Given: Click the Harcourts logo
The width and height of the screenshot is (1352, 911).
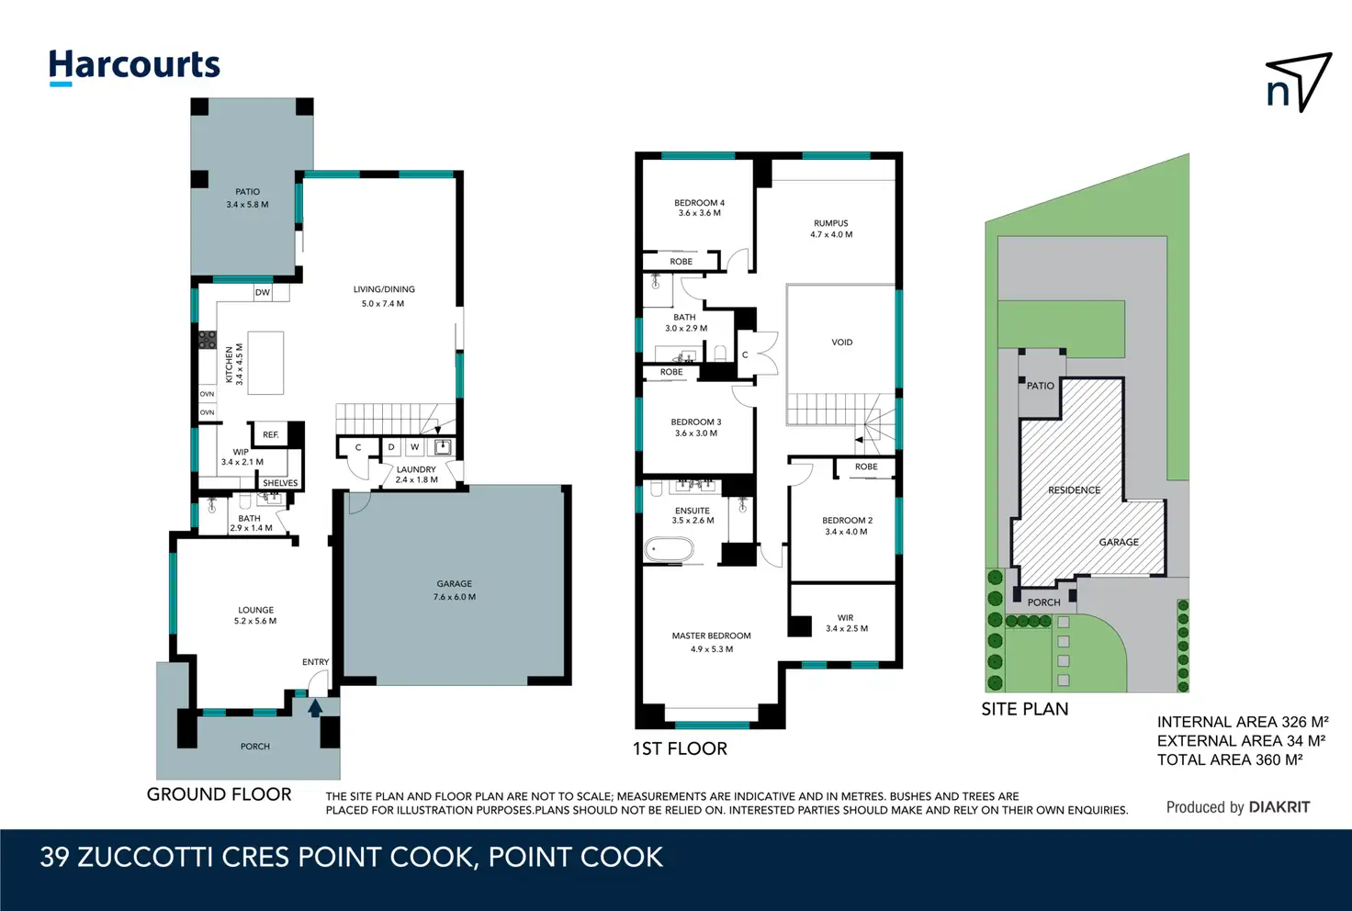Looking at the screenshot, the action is pyautogui.click(x=134, y=67).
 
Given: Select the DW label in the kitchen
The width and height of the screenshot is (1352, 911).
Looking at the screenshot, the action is pyautogui.click(x=263, y=293).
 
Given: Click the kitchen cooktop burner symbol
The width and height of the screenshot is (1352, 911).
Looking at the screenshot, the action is pyautogui.click(x=207, y=340).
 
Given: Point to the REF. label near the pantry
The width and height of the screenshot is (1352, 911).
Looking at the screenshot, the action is pyautogui.click(x=270, y=434).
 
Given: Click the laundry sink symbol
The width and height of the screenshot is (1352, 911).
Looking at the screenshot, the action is pyautogui.click(x=443, y=447).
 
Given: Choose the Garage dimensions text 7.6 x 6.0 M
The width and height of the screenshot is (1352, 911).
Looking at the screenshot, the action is pyautogui.click(x=455, y=597).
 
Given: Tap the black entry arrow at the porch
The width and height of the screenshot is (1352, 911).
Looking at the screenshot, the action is pyautogui.click(x=315, y=708).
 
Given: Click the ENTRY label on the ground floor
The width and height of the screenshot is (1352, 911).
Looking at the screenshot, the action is pyautogui.click(x=316, y=662).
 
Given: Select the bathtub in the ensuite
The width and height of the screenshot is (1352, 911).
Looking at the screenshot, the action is pyautogui.click(x=669, y=550).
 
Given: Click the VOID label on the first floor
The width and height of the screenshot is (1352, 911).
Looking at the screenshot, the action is pyautogui.click(x=842, y=342).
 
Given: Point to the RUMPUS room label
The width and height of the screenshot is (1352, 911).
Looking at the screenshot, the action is pyautogui.click(x=831, y=223).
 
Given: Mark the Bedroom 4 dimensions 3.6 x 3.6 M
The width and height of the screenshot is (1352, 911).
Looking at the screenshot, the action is pyautogui.click(x=700, y=213).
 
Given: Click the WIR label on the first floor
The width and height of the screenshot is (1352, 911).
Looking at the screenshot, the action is pyautogui.click(x=846, y=618).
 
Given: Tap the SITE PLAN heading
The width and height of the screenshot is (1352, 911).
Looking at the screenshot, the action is pyautogui.click(x=1025, y=709).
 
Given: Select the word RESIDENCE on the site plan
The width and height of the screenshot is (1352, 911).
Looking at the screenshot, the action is pyautogui.click(x=1075, y=489).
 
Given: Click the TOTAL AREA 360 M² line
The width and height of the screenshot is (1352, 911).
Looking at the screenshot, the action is pyautogui.click(x=1230, y=759).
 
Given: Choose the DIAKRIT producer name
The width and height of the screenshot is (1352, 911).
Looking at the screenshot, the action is pyautogui.click(x=1279, y=807).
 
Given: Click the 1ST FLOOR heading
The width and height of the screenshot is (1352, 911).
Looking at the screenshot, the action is pyautogui.click(x=681, y=748).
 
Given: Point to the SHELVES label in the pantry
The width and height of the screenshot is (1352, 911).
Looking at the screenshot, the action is pyautogui.click(x=280, y=483).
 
